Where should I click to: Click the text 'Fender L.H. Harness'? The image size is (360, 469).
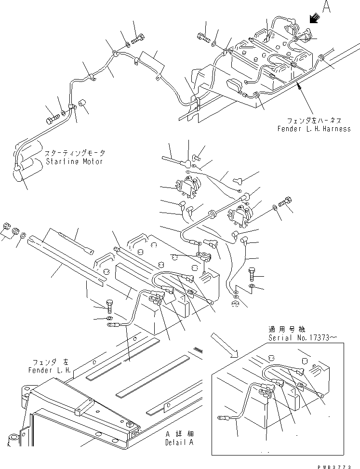[314, 129]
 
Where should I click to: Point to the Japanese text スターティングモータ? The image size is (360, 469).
[75, 153]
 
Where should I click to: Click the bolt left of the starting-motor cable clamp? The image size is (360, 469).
[52, 116]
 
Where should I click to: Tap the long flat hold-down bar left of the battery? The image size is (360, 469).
[67, 258]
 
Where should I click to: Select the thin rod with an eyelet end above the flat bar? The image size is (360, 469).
[76, 243]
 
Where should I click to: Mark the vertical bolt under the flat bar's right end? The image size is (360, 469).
[109, 306]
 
